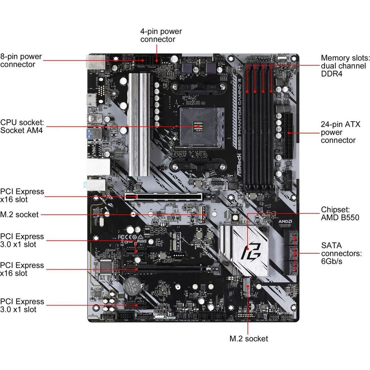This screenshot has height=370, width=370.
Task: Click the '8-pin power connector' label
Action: click(21, 61)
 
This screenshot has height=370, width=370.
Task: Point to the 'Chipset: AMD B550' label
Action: click(340, 213)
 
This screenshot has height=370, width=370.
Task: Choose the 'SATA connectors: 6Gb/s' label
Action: click(340, 253)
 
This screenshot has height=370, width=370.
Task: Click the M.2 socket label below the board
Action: click(249, 338)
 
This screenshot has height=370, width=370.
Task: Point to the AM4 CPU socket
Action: click(198, 127)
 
